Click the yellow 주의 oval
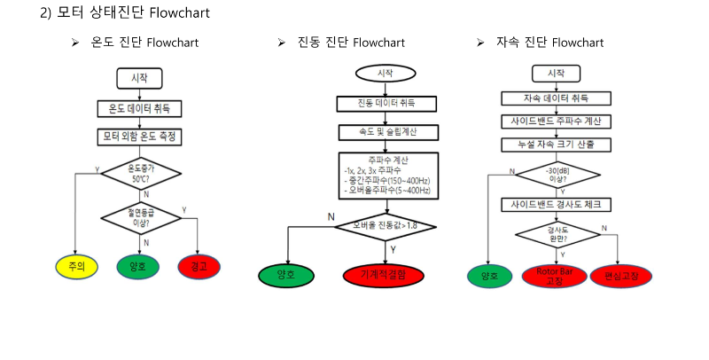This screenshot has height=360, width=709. pos(75,265)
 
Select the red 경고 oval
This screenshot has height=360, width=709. pos(199,265)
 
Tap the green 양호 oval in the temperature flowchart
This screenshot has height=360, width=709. pos(137,265)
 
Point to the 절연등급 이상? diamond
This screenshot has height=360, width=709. pos(140,216)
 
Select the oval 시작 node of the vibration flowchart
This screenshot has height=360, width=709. pos(386,73)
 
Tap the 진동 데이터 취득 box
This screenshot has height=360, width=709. pos(386,103)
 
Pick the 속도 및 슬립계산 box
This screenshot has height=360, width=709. pos(386,132)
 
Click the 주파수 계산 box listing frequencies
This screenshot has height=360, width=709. pos(386,176)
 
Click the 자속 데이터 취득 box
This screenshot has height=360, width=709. pos(557,98)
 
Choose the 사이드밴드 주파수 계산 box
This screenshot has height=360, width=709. pos(557,121)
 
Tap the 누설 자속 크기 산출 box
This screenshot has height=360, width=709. pos(557,144)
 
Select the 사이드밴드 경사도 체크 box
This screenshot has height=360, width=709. pos(557,205)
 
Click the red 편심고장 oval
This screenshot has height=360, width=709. pos(621,276)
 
